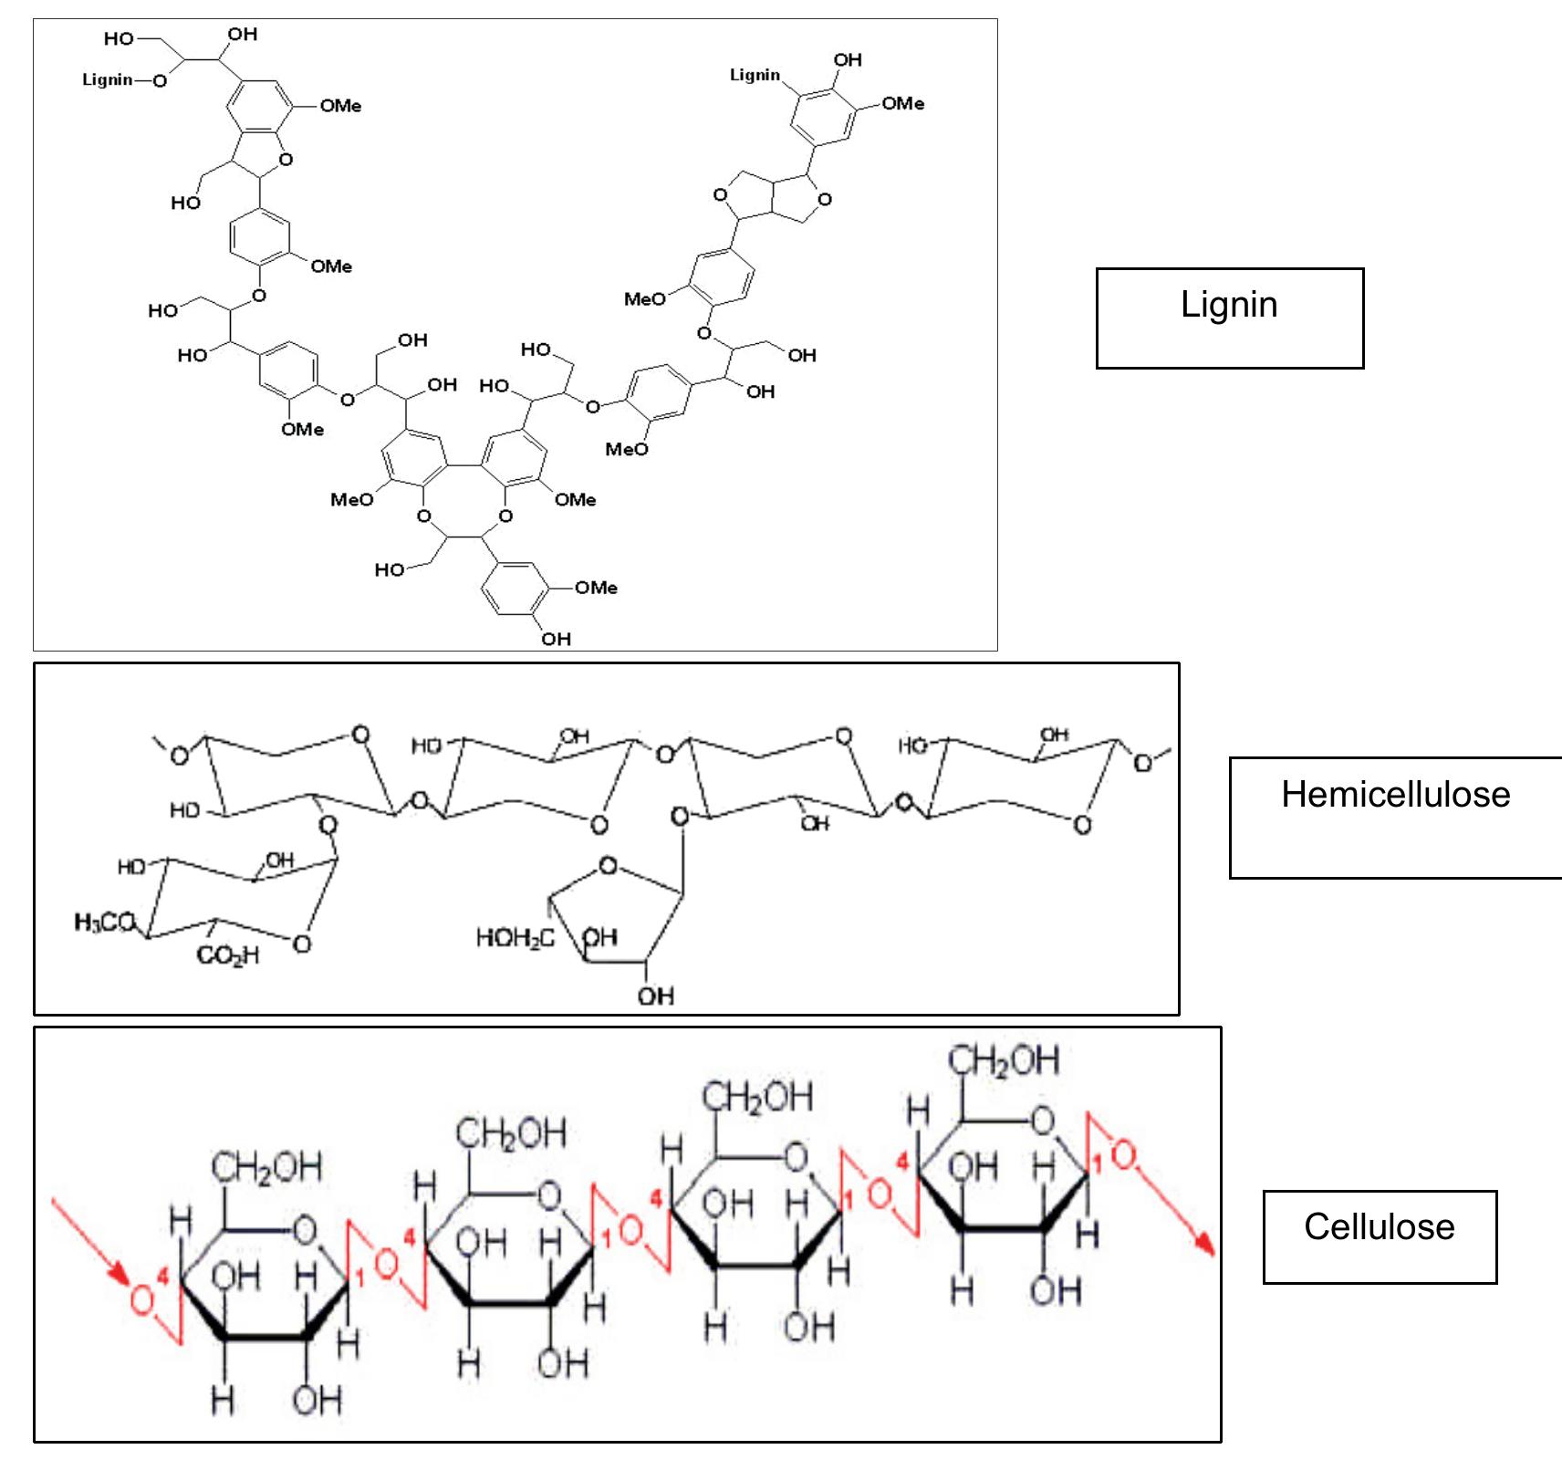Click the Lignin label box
[1229, 318]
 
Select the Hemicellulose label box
[1395, 817]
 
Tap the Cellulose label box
[1379, 1236]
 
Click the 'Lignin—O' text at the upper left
[124, 80]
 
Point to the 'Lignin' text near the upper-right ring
[755, 75]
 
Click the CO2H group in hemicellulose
[228, 955]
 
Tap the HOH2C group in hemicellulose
[515, 938]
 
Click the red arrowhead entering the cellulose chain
[121, 1275]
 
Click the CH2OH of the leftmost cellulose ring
[266, 1166]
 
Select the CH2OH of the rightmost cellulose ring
[1004, 1060]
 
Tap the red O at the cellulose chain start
[141, 1298]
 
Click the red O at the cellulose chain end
[1124, 1156]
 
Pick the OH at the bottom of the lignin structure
[556, 639]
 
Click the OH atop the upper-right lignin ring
[847, 59]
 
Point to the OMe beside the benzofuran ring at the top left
[340, 106]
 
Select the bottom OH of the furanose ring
[655, 996]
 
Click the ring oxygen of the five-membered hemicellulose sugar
[608, 866]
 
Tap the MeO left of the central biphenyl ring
[352, 499]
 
